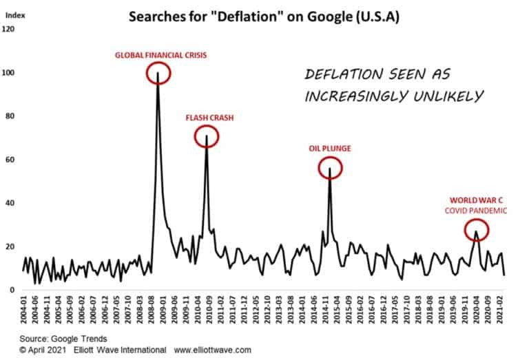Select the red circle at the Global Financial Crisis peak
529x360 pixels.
click(160, 73)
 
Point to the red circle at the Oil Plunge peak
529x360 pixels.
click(331, 167)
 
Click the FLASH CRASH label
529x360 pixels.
click(209, 118)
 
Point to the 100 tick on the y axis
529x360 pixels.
click(8, 73)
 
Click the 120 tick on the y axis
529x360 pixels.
click(8, 30)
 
